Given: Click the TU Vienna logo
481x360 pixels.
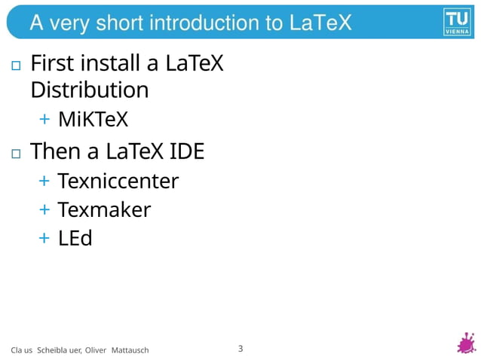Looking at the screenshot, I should (457, 22).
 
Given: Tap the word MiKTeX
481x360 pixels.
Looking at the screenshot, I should (93, 119).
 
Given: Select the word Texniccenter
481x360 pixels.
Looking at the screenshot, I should (118, 181).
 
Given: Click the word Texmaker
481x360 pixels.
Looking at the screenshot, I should (104, 209).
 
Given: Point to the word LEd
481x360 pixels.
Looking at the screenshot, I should (75, 238).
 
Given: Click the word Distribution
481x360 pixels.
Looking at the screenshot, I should (89, 90).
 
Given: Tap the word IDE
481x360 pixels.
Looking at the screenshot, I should (187, 151).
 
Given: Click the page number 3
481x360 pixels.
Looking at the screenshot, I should (240, 348).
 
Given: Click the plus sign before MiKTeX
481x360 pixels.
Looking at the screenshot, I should (44, 119).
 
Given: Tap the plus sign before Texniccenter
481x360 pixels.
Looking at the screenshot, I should (44, 181).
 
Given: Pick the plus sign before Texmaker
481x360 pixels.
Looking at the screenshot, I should (44, 209).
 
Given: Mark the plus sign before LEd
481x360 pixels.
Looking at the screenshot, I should (44, 238).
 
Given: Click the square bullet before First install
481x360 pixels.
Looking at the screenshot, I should (16, 66).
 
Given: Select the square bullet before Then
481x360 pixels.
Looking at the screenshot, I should (16, 154).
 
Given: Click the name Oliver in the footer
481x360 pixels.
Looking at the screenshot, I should (96, 350).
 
